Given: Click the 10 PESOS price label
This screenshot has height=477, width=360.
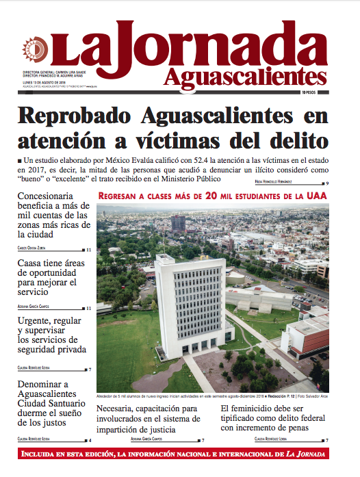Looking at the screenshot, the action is pyautogui.click(x=316, y=92).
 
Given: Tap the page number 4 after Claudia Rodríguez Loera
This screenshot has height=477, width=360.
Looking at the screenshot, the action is pyautogui.click(x=90, y=439).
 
